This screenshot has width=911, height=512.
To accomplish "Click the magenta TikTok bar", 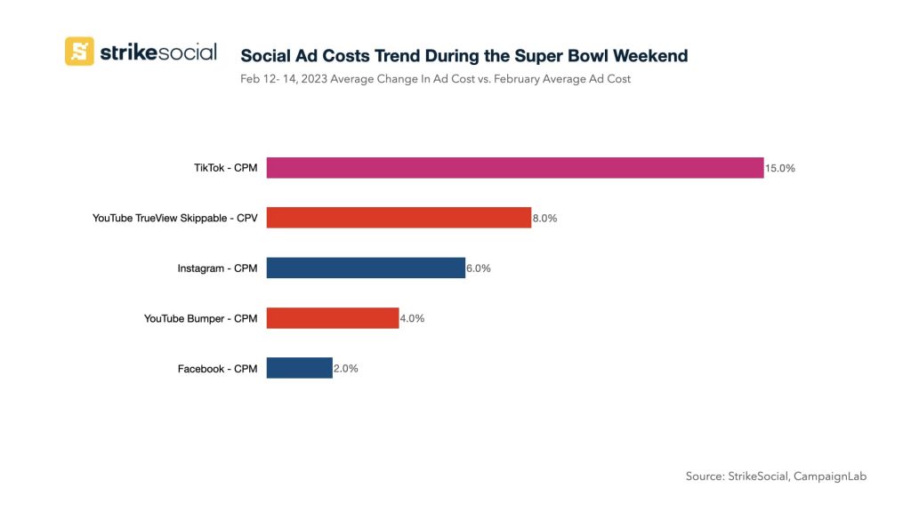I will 515,167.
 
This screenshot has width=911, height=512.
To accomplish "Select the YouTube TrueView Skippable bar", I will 399,218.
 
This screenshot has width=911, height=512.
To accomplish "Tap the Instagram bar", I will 366,268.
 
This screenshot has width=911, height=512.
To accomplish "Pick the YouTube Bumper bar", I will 333,318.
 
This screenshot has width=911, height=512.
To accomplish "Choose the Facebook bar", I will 300,368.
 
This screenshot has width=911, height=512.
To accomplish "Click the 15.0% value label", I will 780,168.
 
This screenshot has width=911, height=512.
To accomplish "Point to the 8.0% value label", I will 544,218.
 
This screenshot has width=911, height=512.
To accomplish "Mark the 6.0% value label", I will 479,268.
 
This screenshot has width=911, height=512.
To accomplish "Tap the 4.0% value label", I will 412,318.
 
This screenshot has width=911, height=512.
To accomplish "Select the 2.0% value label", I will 346,368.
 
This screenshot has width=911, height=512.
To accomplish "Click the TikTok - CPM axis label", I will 225,167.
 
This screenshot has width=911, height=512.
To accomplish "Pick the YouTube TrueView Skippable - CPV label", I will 174,218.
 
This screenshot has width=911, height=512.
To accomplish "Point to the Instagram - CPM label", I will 217,268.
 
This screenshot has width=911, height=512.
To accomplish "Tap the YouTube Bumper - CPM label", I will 200,318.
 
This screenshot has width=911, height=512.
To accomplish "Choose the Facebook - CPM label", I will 217,368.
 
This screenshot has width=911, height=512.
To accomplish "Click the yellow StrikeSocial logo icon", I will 79,51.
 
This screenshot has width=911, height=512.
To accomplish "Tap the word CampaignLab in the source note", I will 831,476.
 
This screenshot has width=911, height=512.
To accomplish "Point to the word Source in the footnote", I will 705,476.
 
